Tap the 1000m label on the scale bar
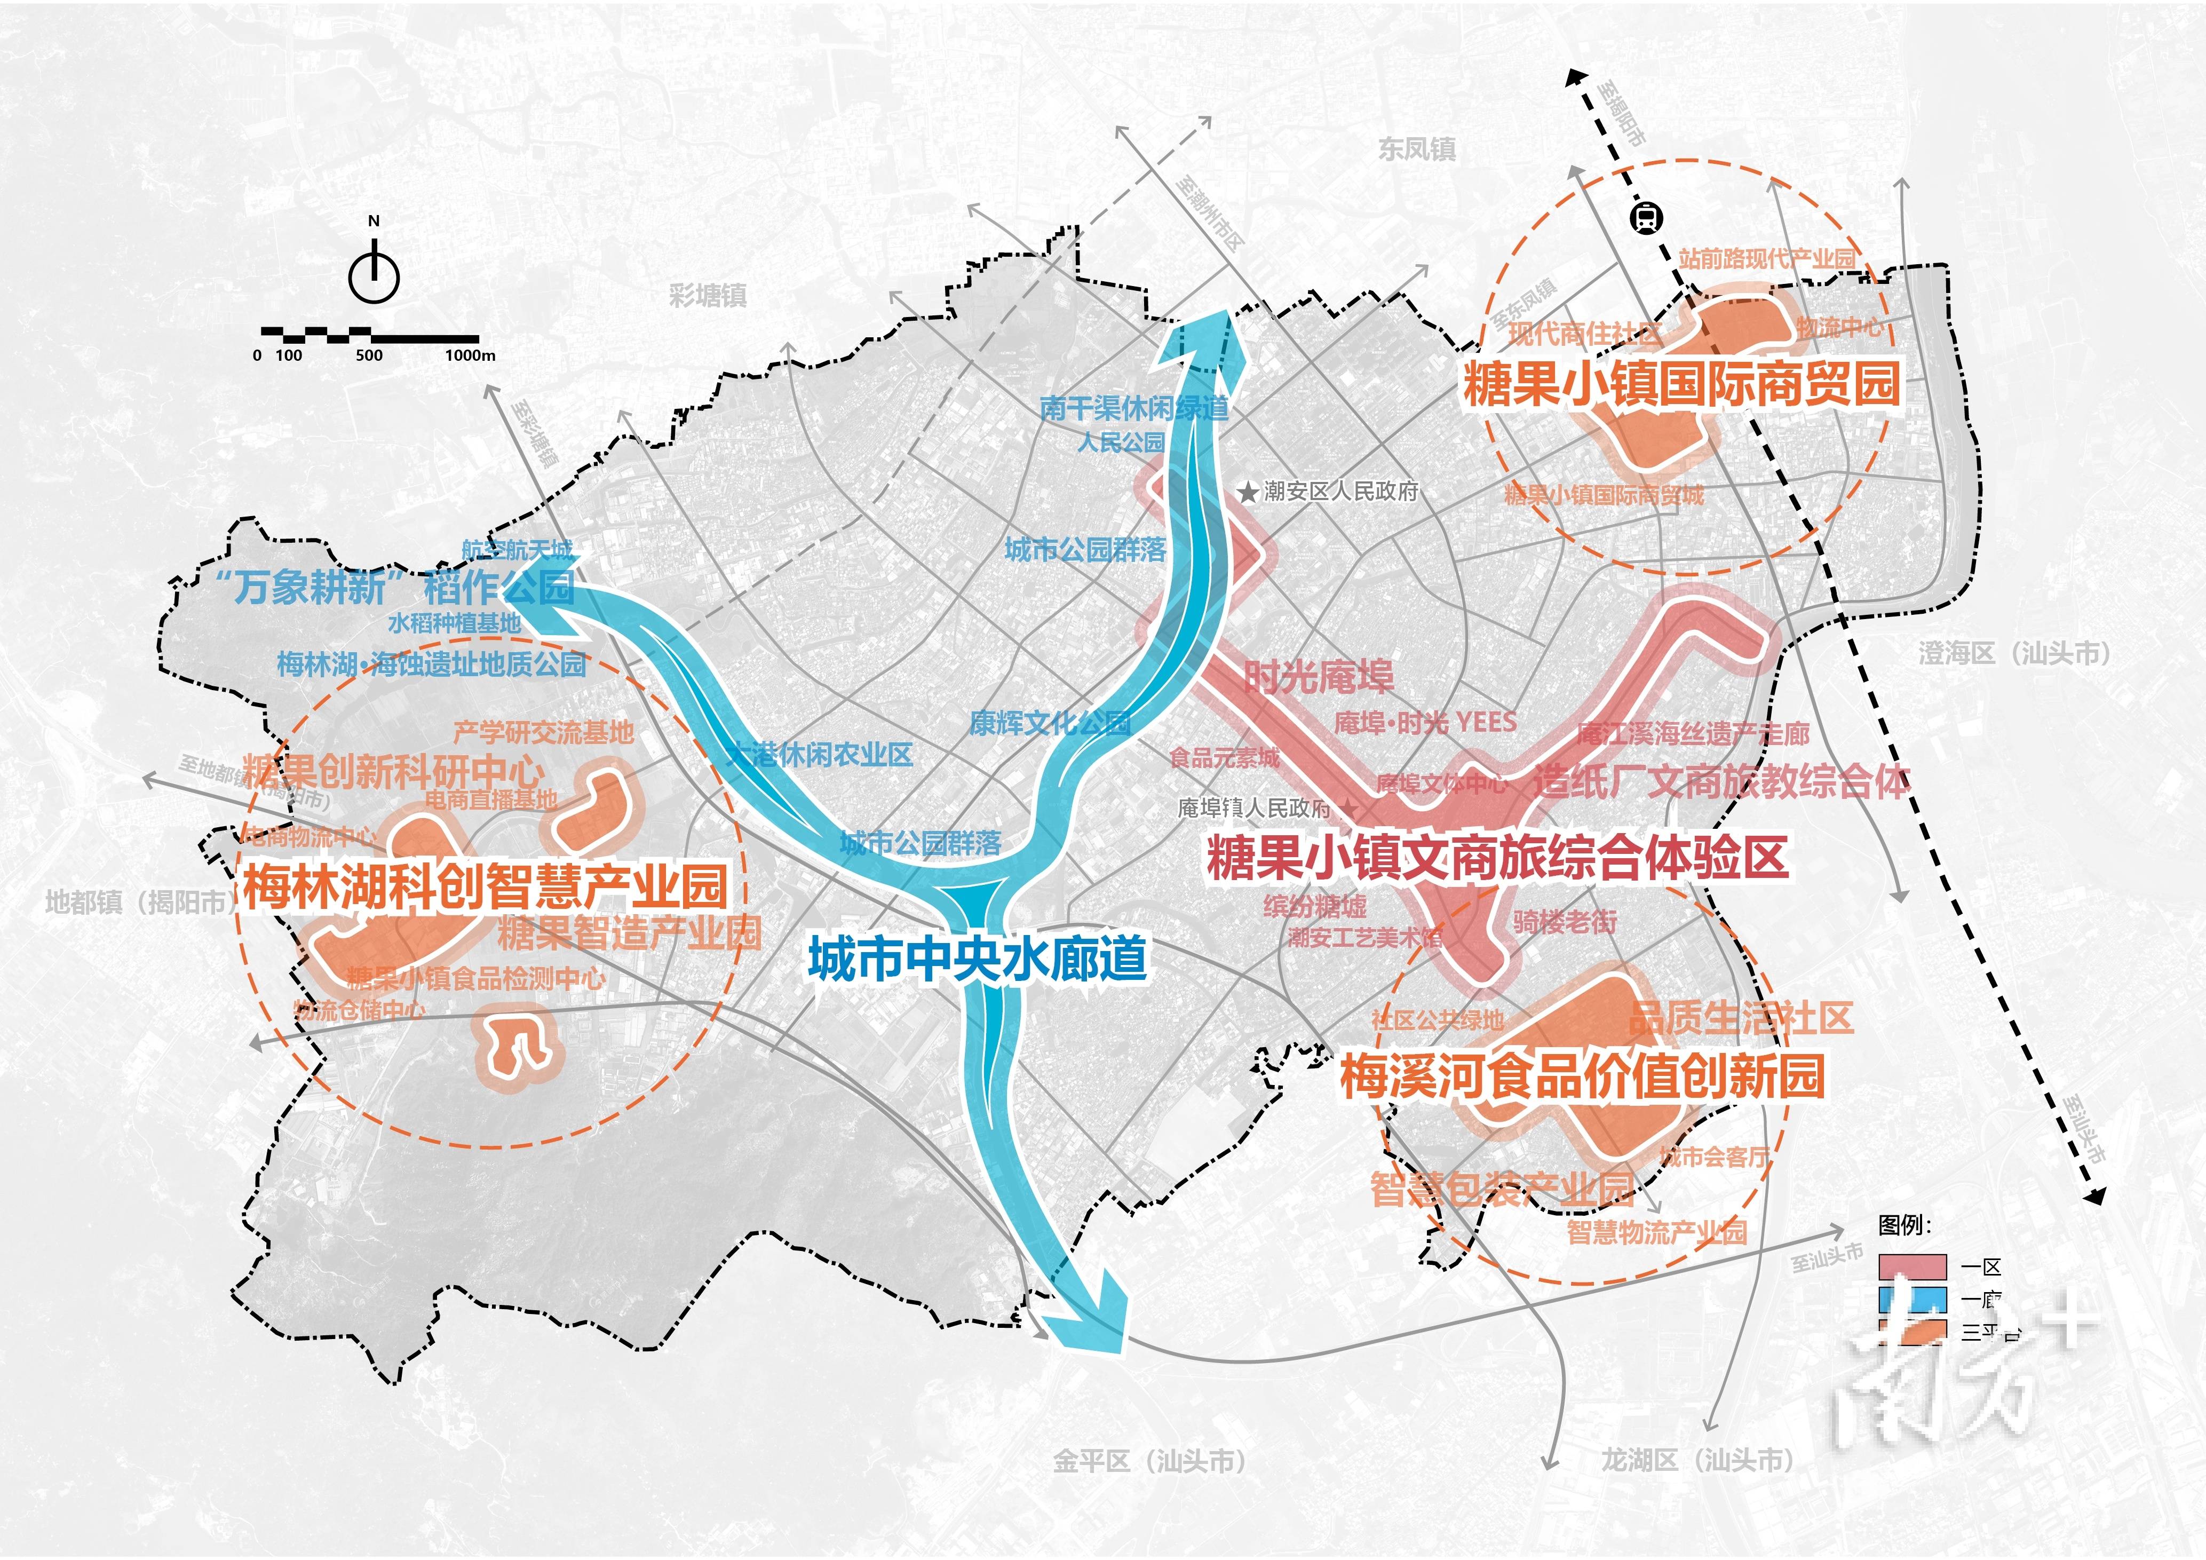pos(470,355)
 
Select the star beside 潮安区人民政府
pos(1247,493)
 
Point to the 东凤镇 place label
pos(1417,149)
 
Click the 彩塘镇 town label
pos(708,295)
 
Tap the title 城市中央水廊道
pos(977,959)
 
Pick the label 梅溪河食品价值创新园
pos(1582,1075)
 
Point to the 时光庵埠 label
pos(1318,677)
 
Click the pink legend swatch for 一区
pos(1912,1267)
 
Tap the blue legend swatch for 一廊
pos(1912,1300)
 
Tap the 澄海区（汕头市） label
pos(2015,654)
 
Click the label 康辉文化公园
pos(1049,723)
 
